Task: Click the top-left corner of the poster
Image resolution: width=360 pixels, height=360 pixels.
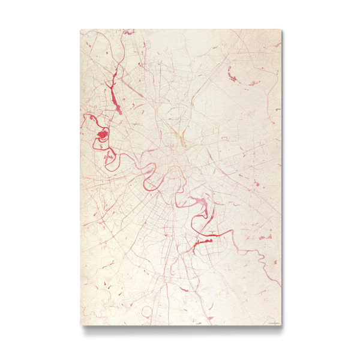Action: [80, 29]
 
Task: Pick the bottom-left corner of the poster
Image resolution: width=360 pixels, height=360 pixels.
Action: [80, 326]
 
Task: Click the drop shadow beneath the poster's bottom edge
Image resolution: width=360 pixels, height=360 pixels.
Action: [180, 329]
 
